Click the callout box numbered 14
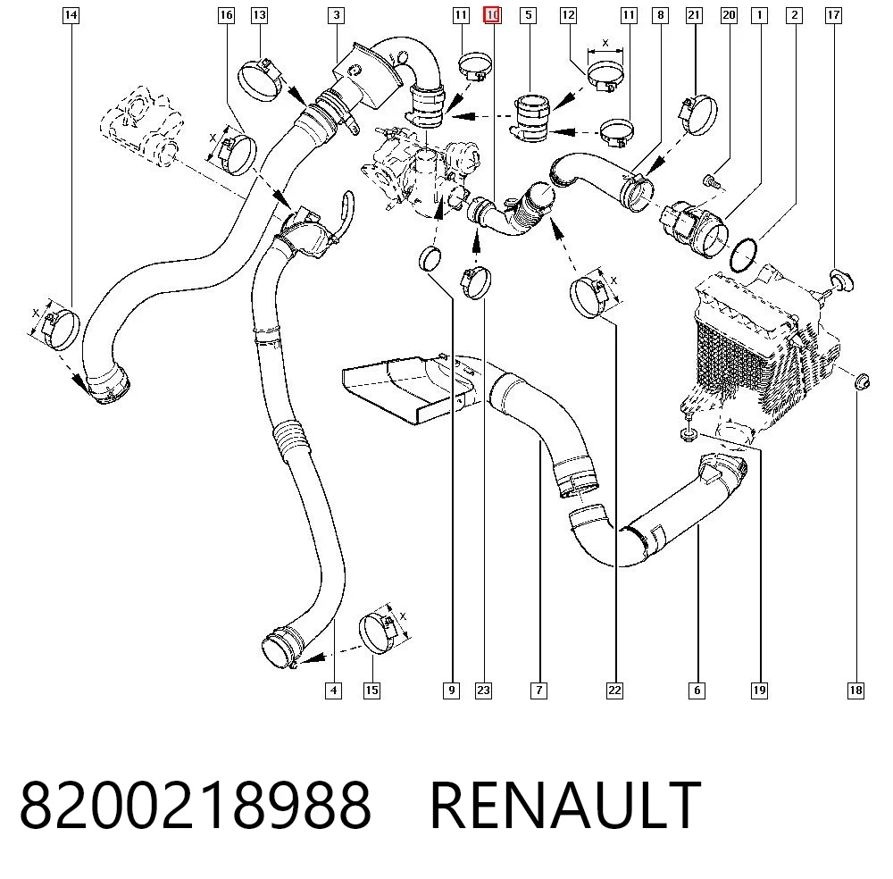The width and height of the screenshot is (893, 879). pos(71,15)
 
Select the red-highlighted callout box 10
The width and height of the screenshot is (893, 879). pos(492,15)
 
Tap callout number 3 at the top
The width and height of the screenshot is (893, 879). pos(337,15)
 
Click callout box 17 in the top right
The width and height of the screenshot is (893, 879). pos(833,15)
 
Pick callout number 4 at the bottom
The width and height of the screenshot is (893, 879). pos(333,691)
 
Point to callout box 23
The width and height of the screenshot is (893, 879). pos(483,691)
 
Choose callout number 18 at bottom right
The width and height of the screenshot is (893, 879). pos(856,691)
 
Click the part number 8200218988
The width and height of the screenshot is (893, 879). pos(196,805)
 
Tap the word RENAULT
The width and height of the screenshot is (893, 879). pos(565,805)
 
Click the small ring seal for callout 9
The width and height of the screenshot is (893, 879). pos(430,259)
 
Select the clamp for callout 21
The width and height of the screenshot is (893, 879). pos(697,114)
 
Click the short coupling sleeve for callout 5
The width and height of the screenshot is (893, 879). pos(530,118)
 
